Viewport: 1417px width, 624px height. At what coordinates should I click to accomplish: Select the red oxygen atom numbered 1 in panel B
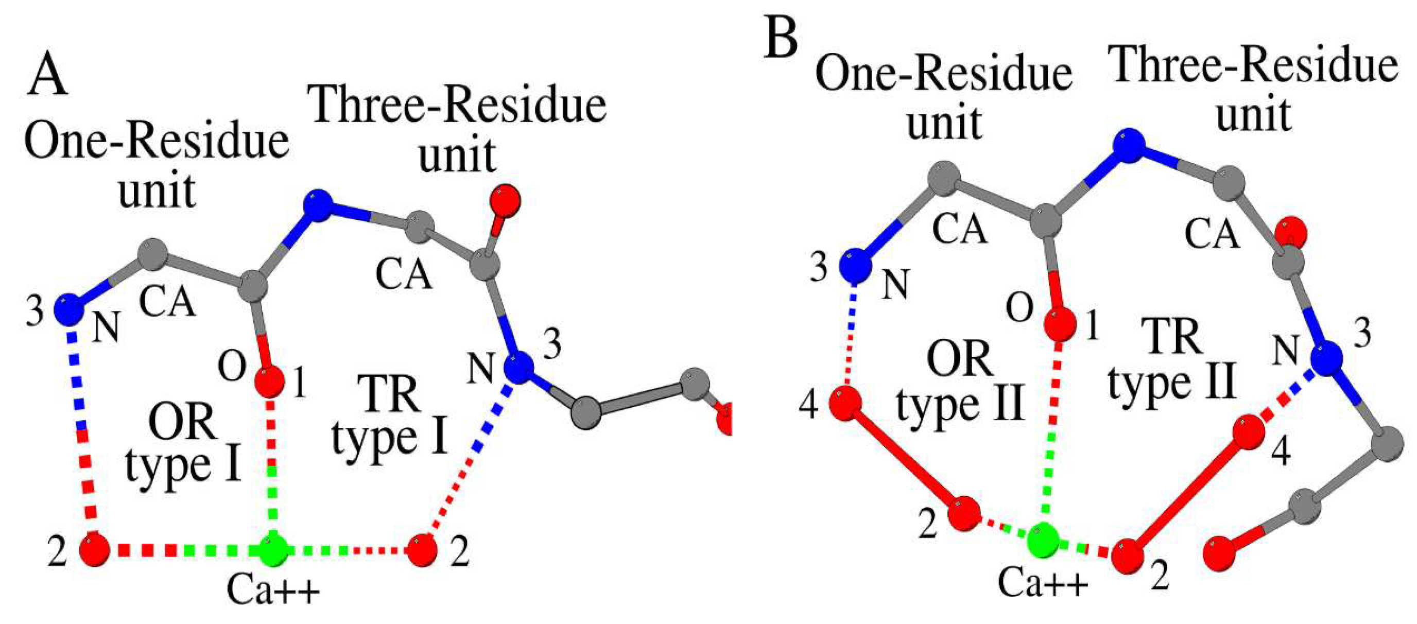pos(1060,322)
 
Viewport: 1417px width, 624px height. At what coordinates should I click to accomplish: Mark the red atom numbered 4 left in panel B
pos(845,403)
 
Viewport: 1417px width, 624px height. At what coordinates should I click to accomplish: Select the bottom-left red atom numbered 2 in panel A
pos(95,549)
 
